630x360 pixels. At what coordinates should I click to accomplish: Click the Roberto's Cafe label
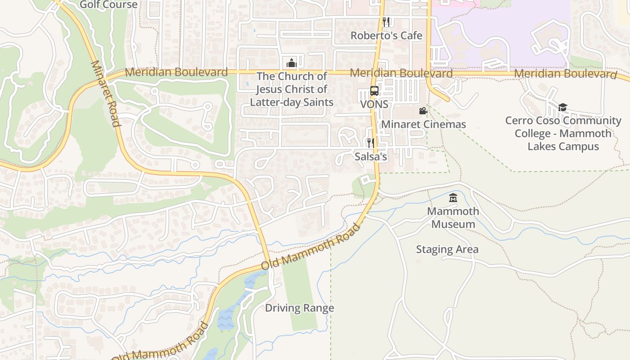386,36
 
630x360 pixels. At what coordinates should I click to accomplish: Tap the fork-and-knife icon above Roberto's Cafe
386,22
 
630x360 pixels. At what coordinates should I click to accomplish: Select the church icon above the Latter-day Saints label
292,63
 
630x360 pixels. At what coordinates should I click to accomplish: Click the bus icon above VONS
374,91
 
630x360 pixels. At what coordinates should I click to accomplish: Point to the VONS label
374,104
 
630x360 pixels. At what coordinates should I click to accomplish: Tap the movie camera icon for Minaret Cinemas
423,111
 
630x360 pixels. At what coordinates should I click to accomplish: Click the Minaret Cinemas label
423,124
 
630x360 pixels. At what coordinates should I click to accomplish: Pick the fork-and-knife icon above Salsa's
370,143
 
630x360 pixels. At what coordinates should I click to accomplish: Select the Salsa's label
371,157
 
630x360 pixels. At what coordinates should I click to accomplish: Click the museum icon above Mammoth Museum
453,198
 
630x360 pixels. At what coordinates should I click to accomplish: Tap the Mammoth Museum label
453,217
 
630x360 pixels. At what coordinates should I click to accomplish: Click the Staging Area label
447,249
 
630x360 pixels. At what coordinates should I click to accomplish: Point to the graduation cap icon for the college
562,107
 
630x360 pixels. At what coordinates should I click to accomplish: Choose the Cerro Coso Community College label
563,133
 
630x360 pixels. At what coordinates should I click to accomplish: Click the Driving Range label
299,308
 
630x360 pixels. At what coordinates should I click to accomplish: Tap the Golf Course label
108,5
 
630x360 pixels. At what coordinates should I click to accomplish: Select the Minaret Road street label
106,94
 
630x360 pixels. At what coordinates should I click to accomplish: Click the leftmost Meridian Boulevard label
176,72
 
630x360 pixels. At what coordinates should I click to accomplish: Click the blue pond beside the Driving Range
226,317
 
